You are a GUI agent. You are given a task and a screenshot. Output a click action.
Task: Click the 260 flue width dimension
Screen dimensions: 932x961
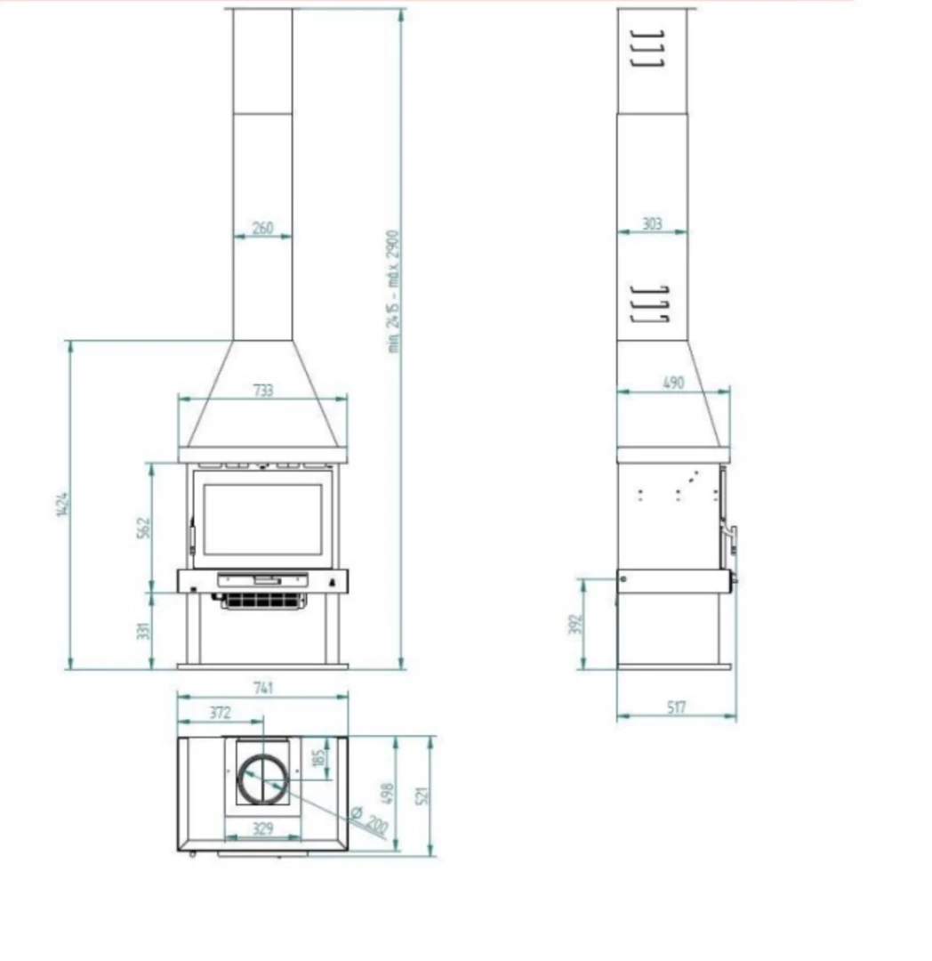point(262,228)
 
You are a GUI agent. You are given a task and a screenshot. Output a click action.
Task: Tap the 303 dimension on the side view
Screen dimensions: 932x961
point(652,223)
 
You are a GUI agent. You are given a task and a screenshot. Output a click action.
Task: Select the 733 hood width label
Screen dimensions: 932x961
point(262,391)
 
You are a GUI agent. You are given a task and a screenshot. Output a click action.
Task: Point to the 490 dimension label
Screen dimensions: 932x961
point(673,383)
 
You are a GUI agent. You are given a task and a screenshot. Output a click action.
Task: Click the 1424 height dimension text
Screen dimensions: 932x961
point(62,504)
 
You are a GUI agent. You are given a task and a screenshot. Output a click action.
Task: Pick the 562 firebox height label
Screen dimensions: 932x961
point(143,529)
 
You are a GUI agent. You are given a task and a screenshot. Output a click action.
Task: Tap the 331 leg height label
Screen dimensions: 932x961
point(143,631)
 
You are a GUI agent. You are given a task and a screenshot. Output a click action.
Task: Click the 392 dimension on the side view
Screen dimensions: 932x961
point(575,625)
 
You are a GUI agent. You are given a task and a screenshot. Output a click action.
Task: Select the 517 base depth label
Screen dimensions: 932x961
point(676,708)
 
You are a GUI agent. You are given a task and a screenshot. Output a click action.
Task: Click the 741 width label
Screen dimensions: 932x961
point(262,688)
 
